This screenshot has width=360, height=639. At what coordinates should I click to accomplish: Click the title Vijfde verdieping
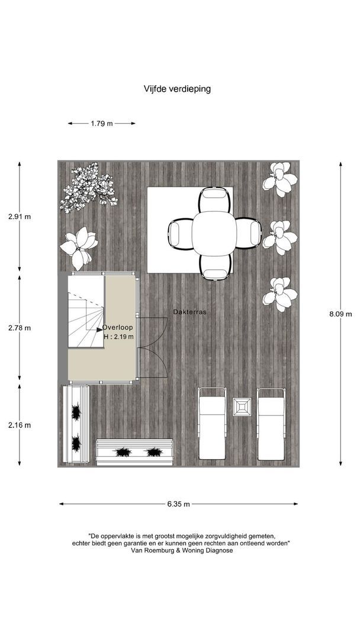(x=177, y=89)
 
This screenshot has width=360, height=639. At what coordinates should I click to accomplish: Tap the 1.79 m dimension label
(x=101, y=124)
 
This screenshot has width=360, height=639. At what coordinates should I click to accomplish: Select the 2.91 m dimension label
(x=19, y=217)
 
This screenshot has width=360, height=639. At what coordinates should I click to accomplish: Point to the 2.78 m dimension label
(x=19, y=328)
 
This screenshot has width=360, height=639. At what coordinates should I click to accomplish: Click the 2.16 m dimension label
(x=19, y=425)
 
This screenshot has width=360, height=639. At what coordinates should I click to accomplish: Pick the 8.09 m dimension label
(x=340, y=314)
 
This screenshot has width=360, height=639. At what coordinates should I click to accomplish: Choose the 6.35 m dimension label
(x=178, y=504)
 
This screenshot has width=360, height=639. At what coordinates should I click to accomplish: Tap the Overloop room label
(x=117, y=327)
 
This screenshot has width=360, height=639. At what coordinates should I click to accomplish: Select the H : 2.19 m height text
(x=118, y=337)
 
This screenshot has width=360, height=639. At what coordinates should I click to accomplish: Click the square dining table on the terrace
(x=214, y=234)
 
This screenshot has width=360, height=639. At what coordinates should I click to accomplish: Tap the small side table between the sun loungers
(x=242, y=406)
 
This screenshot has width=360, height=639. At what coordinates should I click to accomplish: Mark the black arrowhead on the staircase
(x=100, y=330)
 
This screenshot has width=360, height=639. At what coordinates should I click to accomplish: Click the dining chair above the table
(x=215, y=199)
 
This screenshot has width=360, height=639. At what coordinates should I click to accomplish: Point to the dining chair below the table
(x=216, y=267)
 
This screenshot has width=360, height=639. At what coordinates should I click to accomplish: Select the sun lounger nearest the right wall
(x=271, y=424)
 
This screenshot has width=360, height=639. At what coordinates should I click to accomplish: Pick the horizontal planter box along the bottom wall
(x=134, y=452)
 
